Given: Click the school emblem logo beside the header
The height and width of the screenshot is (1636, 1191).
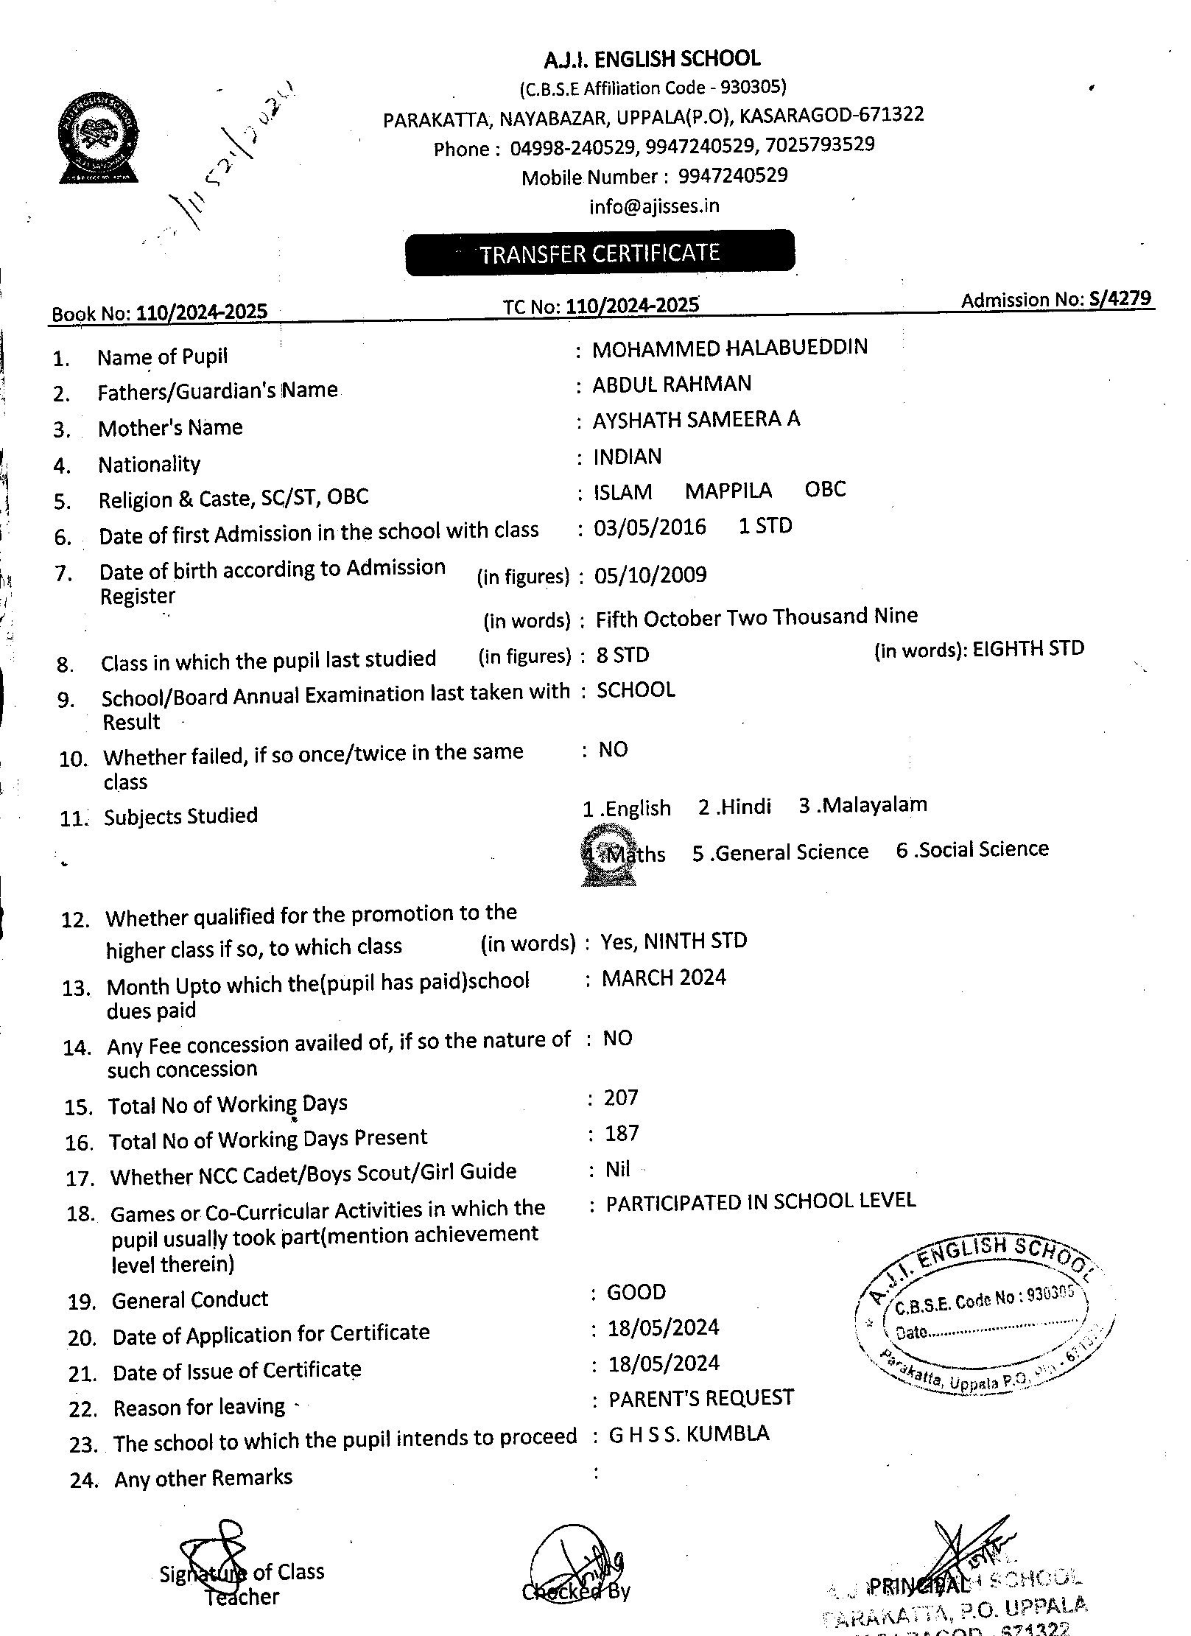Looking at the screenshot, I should pyautogui.click(x=99, y=138).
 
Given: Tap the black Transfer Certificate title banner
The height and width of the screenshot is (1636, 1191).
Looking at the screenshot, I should pyautogui.click(x=600, y=253).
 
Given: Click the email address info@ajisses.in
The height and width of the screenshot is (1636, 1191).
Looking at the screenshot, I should pyautogui.click(x=654, y=206).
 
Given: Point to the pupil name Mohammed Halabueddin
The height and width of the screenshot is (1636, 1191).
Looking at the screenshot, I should pyautogui.click(x=730, y=348).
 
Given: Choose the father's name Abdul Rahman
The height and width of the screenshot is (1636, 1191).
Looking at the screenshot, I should pyautogui.click(x=672, y=384).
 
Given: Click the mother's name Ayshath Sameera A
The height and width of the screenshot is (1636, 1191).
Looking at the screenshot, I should pyautogui.click(x=697, y=419).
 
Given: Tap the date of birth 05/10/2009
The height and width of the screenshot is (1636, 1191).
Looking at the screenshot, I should pyautogui.click(x=650, y=575).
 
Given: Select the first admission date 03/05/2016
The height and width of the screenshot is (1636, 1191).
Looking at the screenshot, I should pyautogui.click(x=650, y=527).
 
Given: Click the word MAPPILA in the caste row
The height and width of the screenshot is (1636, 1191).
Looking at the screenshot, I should pyautogui.click(x=728, y=491).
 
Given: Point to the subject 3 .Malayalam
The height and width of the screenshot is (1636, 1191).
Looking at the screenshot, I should pyautogui.click(x=862, y=805).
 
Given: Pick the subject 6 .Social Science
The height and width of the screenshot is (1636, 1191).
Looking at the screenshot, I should pyautogui.click(x=972, y=849).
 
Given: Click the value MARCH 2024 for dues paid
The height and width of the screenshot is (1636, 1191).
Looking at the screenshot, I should pyautogui.click(x=664, y=977).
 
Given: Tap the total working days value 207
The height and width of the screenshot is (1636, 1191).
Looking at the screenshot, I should pyautogui.click(x=621, y=1098).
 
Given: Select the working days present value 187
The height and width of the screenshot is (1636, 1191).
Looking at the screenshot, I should pyautogui.click(x=622, y=1133).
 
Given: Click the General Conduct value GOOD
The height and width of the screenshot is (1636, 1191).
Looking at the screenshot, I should pyautogui.click(x=636, y=1292).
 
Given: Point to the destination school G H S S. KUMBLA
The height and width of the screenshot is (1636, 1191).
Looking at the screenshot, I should pyautogui.click(x=689, y=1433).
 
